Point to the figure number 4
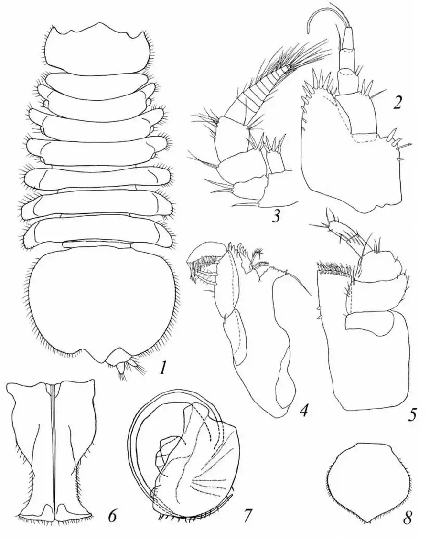tap(303, 410)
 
